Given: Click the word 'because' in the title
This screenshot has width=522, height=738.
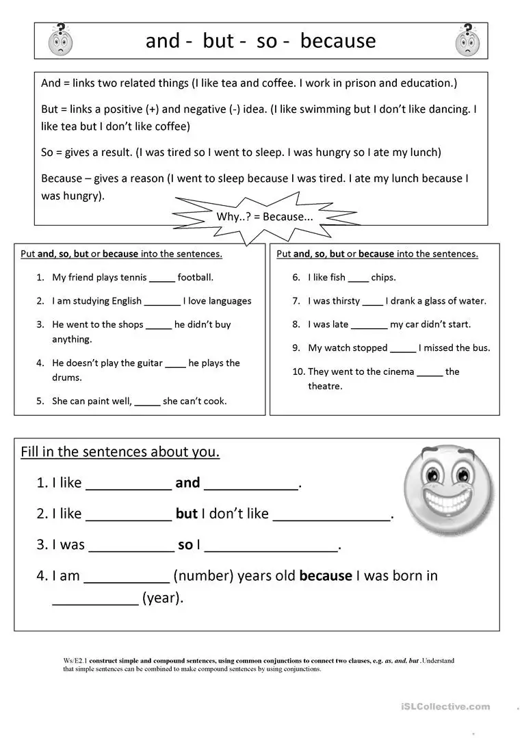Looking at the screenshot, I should click(x=338, y=41).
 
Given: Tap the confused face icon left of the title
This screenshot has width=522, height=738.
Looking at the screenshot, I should click(x=61, y=40).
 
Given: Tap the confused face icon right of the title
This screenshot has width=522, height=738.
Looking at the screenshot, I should click(x=468, y=40).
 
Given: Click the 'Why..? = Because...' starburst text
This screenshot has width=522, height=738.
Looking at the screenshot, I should click(x=264, y=217).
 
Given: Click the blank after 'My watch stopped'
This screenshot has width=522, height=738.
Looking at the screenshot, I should click(x=403, y=349).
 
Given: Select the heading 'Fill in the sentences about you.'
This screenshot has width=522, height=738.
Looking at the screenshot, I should click(x=120, y=452).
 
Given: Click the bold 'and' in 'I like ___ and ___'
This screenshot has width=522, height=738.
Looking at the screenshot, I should click(x=187, y=483).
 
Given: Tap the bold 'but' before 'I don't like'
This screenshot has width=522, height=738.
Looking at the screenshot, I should click(x=186, y=514).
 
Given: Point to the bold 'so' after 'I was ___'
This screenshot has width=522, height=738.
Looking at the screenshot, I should click(x=185, y=545).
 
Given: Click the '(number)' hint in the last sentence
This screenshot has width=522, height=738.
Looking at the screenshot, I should click(x=203, y=576).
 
